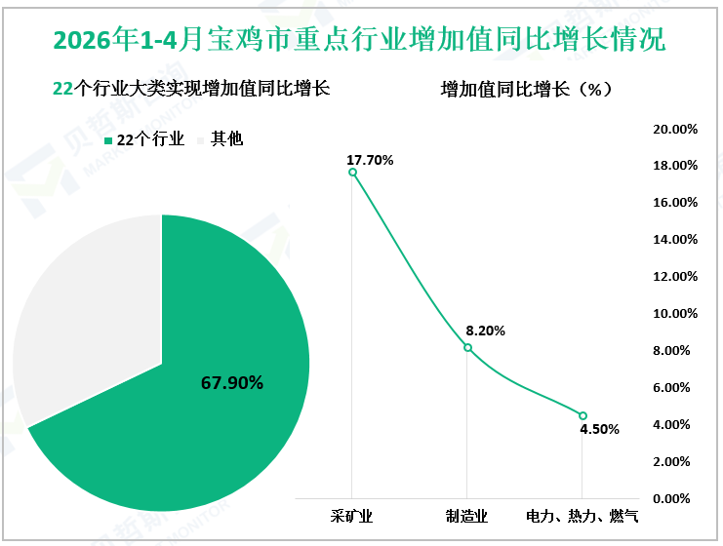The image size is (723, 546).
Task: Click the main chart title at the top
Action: point(359,39)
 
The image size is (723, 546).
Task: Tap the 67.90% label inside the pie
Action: point(232,383)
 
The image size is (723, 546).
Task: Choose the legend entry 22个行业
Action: point(144,139)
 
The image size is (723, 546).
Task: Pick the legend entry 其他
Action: point(221,138)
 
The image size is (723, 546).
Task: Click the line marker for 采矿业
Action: point(352,173)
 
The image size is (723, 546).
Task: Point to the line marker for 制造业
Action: point(467,347)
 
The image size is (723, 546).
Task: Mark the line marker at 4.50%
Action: point(582,415)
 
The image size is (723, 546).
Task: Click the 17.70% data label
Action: point(370,160)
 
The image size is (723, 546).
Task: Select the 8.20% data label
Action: point(485,331)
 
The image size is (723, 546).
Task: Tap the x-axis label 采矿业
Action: point(351,516)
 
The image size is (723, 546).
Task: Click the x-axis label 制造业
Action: point(466,516)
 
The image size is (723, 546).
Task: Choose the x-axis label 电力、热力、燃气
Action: point(582,516)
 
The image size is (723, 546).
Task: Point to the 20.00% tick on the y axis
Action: point(675,129)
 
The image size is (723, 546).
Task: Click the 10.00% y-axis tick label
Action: point(675,313)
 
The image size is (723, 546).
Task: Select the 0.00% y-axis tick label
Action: point(671,498)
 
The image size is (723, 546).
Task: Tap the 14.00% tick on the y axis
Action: point(675,239)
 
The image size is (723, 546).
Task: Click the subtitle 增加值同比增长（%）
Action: point(527,89)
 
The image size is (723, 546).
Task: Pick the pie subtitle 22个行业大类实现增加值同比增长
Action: point(191,88)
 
